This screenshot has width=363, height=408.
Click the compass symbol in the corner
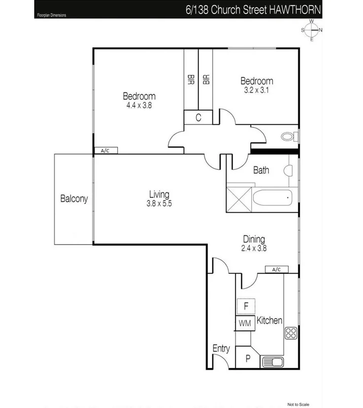[x=311, y=30]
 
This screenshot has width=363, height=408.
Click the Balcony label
[x=74, y=199]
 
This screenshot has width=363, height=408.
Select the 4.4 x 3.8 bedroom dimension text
[x=139, y=104]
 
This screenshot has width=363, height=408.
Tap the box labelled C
[x=198, y=117]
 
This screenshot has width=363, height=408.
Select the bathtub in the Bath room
[x=272, y=198]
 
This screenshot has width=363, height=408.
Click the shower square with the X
[x=238, y=198]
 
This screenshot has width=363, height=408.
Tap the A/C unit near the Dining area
[x=276, y=269]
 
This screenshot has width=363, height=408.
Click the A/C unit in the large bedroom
[x=105, y=151]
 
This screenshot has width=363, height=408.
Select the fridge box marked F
[x=245, y=306]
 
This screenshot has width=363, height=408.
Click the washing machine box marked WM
[x=245, y=323]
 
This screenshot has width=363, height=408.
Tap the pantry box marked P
[x=247, y=359]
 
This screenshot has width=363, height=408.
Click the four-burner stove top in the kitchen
[x=290, y=333]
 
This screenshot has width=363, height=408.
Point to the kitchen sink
[x=272, y=362]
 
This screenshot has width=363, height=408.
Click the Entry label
[x=221, y=348]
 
